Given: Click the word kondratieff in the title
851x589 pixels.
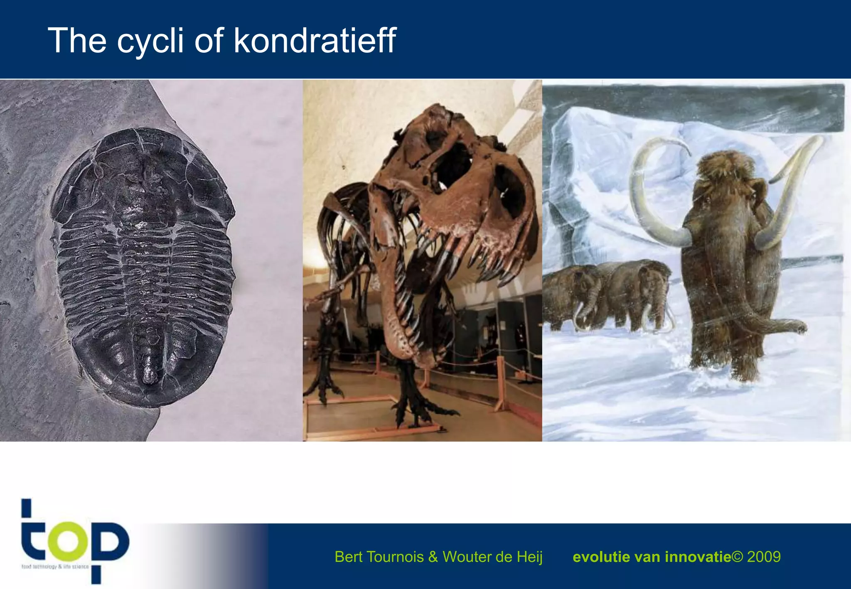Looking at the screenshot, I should (315, 40).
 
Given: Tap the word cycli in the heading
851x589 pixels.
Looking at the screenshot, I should (150, 41).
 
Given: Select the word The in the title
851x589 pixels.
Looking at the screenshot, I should (77, 40).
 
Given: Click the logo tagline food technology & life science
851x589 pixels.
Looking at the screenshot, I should (55, 567).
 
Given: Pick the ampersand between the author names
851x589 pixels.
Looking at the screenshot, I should (433, 557).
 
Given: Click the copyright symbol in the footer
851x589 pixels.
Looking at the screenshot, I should (737, 557).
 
